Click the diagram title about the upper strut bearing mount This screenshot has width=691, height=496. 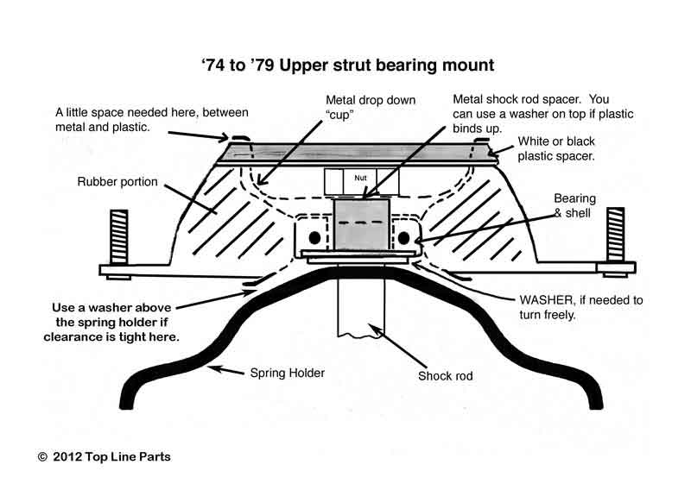348,66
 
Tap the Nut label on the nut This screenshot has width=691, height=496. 360,178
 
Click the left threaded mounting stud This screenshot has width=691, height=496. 119,236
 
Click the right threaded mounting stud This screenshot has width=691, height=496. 615,234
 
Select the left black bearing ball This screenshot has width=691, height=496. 314,238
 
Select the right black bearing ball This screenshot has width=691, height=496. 403,238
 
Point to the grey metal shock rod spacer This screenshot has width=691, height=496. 361,224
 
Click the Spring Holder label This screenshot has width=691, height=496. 288,373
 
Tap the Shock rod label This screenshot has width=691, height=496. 446,376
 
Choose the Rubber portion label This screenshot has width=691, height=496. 117,182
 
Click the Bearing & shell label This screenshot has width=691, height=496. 574,205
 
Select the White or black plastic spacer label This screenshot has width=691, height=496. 556,148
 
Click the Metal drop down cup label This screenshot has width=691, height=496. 371,107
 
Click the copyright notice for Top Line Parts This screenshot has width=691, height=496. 104,457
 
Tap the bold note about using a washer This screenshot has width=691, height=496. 111,322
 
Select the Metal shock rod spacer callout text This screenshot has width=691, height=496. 543,114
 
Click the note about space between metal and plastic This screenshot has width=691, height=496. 152,120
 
